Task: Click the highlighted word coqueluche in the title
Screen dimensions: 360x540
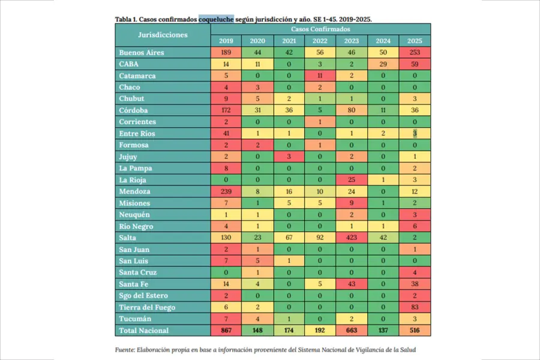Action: [x=216, y=19]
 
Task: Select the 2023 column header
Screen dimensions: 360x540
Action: [x=352, y=41]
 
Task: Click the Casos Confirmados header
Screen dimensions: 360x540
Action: [x=320, y=29]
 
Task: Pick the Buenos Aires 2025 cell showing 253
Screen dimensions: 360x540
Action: [x=415, y=53]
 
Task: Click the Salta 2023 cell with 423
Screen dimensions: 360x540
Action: [x=352, y=238]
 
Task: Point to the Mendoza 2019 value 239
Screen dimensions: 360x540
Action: [x=226, y=191]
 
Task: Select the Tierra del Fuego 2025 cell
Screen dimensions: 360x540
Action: [x=415, y=307]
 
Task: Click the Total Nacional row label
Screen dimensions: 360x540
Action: [x=144, y=331]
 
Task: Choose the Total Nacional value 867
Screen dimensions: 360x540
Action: [x=226, y=331]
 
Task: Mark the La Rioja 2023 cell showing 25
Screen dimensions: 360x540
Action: [x=352, y=180]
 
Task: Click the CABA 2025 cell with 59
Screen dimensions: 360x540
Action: [x=415, y=64]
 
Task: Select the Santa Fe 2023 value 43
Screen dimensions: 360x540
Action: [x=352, y=284]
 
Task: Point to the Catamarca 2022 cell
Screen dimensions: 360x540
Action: [x=320, y=76]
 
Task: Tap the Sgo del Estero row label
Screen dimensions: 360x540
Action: [x=143, y=296]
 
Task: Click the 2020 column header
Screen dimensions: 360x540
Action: [x=258, y=41]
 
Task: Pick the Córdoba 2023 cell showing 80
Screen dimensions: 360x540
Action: [x=352, y=110]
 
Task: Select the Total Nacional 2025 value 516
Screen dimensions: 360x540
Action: [x=415, y=331]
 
